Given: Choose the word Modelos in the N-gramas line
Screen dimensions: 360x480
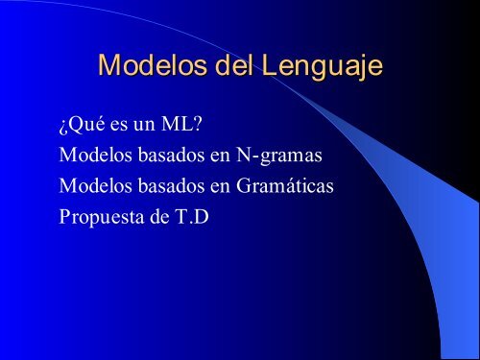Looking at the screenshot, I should [x=95, y=154].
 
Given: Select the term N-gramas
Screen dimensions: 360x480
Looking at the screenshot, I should [x=275, y=155].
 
